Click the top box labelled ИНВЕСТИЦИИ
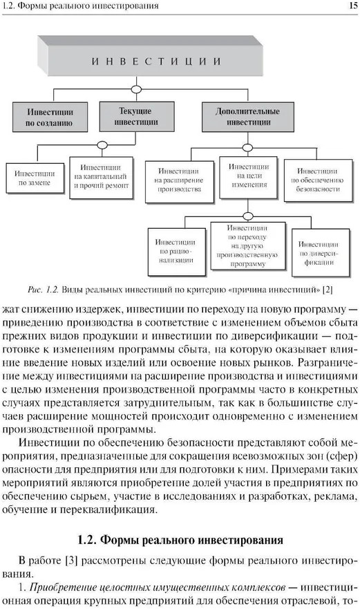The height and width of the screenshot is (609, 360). click(x=151, y=56)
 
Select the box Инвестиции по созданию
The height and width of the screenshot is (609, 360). click(x=50, y=117)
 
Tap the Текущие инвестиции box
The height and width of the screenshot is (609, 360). click(x=137, y=117)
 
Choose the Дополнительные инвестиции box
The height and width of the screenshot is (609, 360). click(x=248, y=117)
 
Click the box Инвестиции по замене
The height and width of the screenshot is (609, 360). click(x=35, y=178)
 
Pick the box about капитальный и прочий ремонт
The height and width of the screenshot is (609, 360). click(x=102, y=178)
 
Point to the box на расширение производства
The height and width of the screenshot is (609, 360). click(x=180, y=182)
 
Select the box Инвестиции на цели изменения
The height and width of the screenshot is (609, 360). click(x=249, y=177)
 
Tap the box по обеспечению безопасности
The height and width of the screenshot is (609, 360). click(x=318, y=180)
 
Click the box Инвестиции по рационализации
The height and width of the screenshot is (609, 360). click(x=177, y=252)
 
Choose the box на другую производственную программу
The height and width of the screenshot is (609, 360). click(x=248, y=246)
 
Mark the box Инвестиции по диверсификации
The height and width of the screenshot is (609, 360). click(x=321, y=253)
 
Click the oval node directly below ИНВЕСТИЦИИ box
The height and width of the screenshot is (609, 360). click(x=136, y=89)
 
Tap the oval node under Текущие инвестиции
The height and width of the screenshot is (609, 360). click(x=102, y=145)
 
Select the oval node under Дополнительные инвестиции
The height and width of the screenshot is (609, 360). click(x=247, y=148)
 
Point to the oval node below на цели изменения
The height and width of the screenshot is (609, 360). click(x=247, y=216)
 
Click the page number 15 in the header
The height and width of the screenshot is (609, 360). click(x=353, y=6)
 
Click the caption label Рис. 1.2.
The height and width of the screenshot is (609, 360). click(x=43, y=290)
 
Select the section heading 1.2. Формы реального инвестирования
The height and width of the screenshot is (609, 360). click(x=180, y=540)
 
